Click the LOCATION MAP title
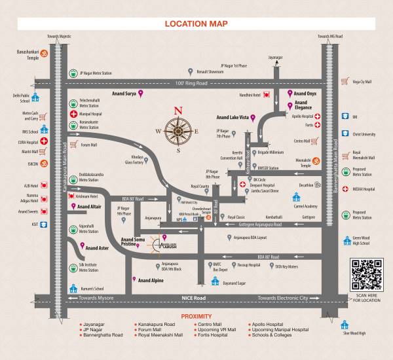[196, 24]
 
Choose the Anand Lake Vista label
[233, 117]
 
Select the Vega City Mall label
[362, 82]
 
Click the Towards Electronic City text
[282, 298]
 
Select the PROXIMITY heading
[196, 315]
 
